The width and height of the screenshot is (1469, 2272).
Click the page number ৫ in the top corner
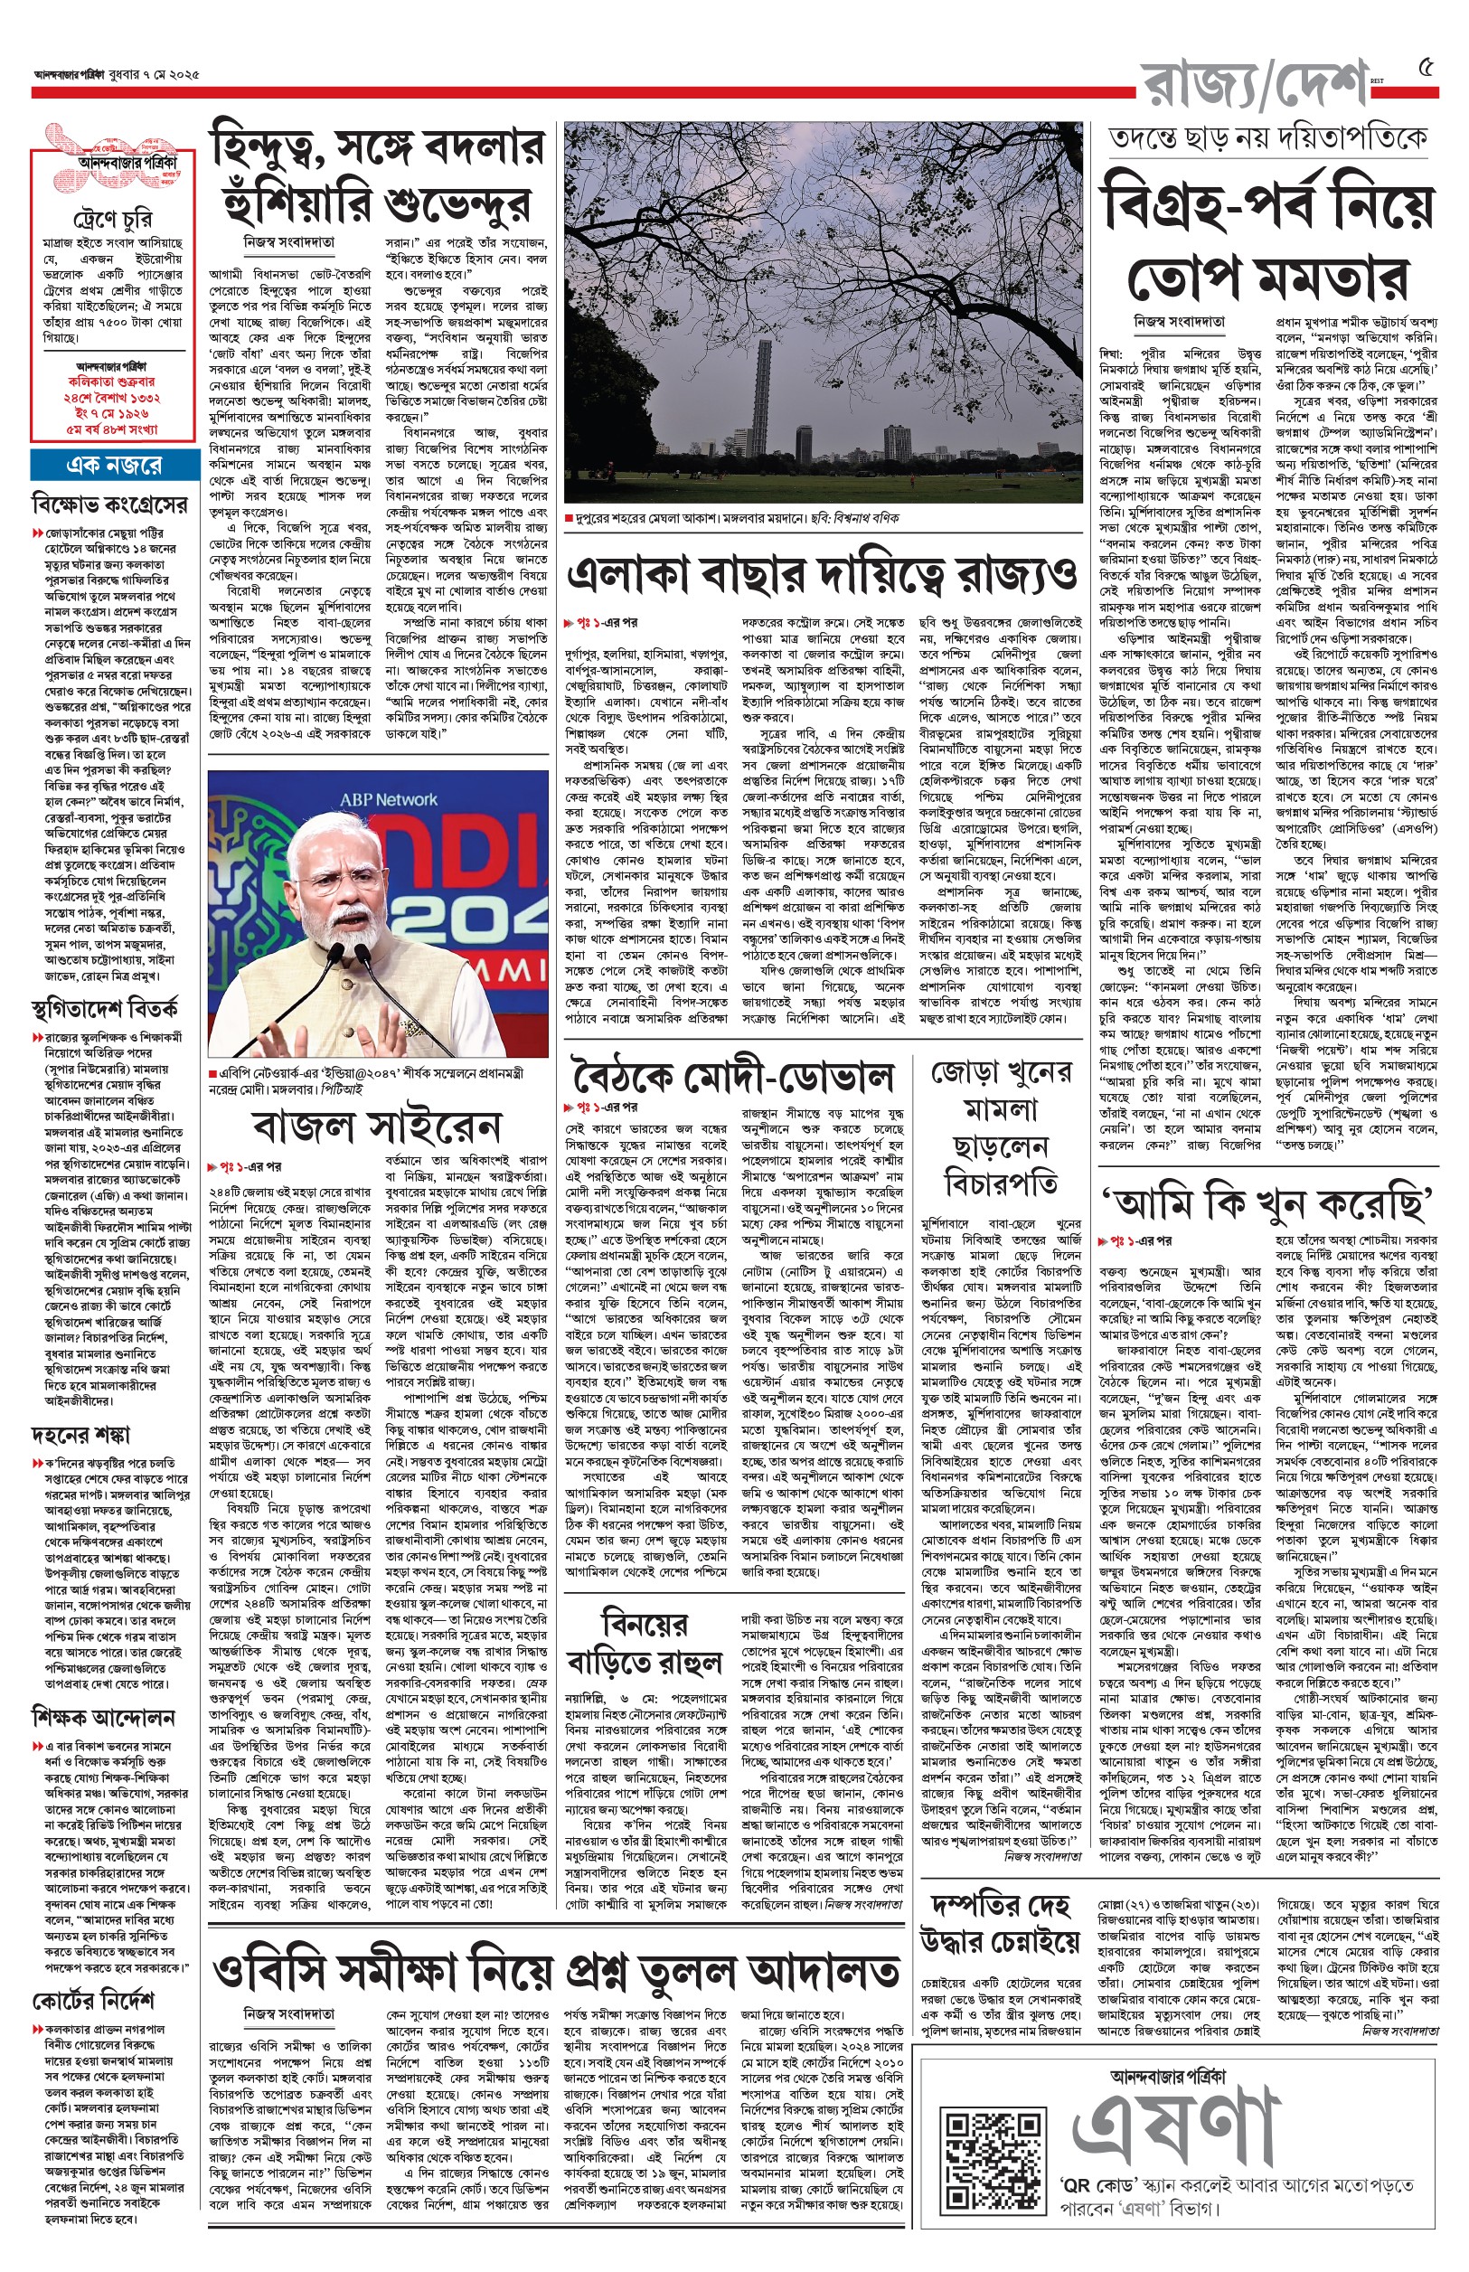(1427, 68)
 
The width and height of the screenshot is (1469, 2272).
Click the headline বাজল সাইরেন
(379, 1126)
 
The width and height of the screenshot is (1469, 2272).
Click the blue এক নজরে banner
(113, 465)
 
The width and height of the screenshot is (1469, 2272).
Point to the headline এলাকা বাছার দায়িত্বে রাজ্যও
(822, 574)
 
